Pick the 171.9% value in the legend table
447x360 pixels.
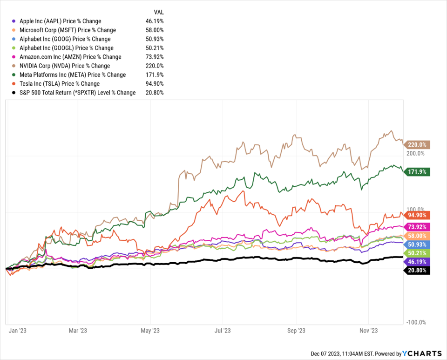pyautogui.click(x=155, y=75)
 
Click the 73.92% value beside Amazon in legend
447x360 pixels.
pyautogui.click(x=155, y=57)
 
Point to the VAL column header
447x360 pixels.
pyautogui.click(x=159, y=12)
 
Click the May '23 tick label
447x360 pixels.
pyautogui.click(x=149, y=331)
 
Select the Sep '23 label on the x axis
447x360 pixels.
pyautogui.click(x=296, y=331)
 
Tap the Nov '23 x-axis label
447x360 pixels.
pyautogui.click(x=368, y=331)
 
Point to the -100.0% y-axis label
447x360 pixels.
pyautogui.click(x=417, y=322)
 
